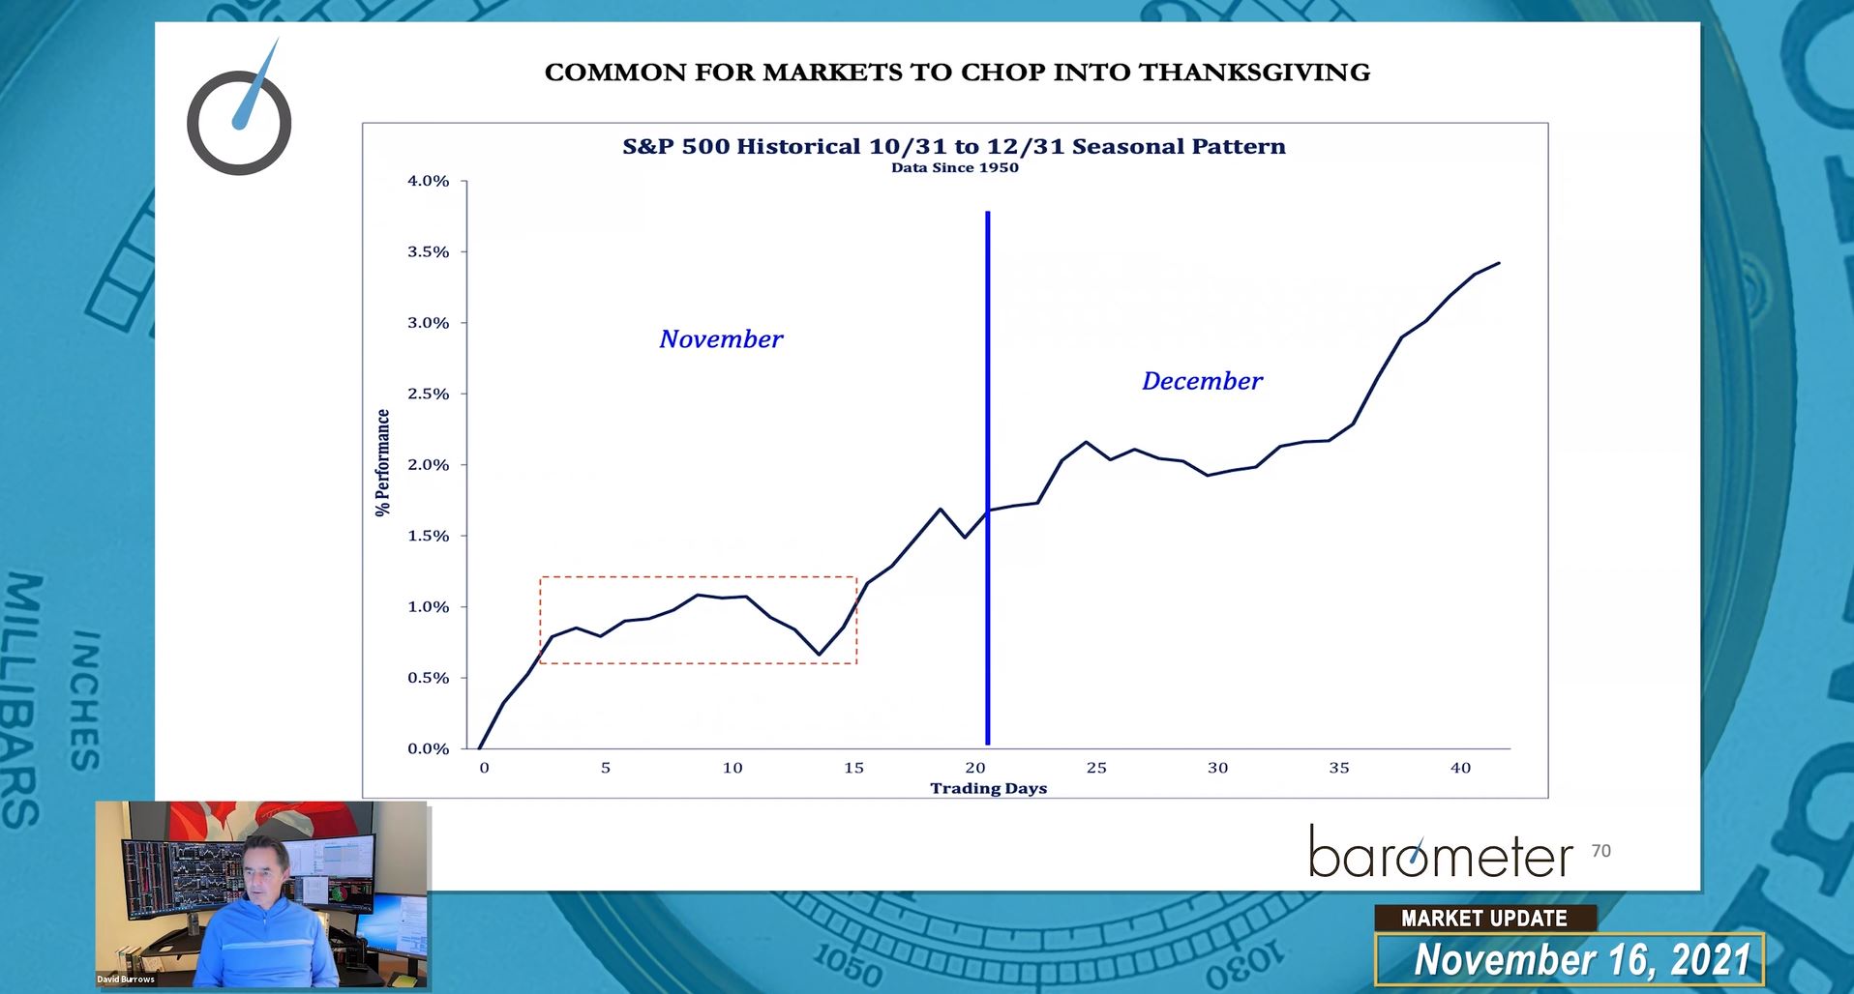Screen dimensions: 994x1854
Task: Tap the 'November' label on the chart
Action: click(721, 339)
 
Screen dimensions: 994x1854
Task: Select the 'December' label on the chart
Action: click(1202, 381)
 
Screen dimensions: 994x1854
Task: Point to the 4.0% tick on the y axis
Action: click(428, 181)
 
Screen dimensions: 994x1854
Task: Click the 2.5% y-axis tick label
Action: click(428, 394)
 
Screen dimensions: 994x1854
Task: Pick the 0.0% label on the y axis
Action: click(428, 748)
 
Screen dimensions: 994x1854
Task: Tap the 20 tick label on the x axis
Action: click(974, 768)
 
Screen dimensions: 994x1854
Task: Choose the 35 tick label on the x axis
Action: click(1338, 768)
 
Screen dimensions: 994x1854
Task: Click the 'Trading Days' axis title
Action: click(988, 788)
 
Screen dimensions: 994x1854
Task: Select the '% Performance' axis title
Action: click(383, 462)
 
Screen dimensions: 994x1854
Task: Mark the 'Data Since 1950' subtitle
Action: click(954, 167)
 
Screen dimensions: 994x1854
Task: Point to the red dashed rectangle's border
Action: click(697, 577)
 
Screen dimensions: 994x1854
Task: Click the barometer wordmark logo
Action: click(1441, 853)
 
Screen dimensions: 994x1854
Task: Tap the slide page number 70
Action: click(1600, 851)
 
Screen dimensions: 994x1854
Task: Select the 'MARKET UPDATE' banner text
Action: click(1483, 919)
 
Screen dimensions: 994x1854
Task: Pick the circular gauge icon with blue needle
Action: click(239, 121)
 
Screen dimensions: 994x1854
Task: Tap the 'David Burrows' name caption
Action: click(126, 979)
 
